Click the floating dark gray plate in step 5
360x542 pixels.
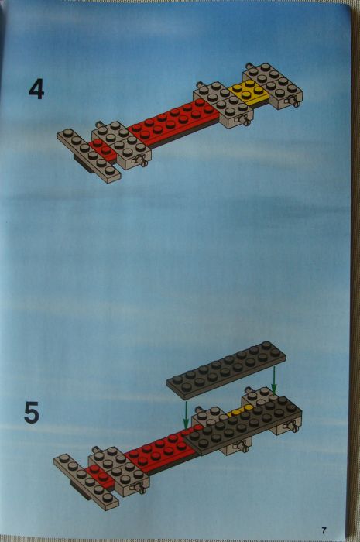(226, 369)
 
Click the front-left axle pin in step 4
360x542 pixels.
(142, 161)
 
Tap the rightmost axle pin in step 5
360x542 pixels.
(295, 425)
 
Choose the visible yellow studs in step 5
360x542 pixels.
(237, 411)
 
